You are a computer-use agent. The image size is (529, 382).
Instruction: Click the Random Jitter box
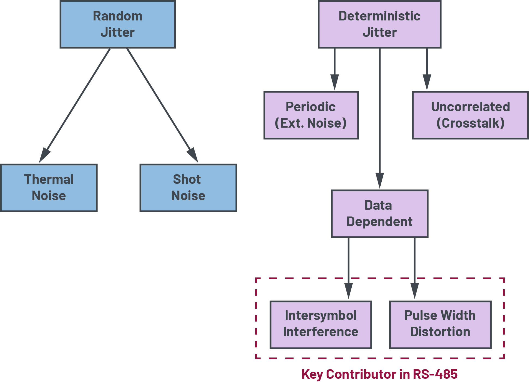[x=117, y=24]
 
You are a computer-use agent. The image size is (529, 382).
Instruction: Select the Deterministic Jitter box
[x=379, y=24]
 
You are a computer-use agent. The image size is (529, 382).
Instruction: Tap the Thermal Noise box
[x=49, y=188]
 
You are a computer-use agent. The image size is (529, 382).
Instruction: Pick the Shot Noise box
[x=188, y=188]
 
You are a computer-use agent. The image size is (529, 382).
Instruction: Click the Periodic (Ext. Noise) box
[x=311, y=115]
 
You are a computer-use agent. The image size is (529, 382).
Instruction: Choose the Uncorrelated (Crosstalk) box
[x=470, y=115]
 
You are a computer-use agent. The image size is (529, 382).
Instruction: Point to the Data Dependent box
[x=379, y=213]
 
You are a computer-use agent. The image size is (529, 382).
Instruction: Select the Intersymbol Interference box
[x=321, y=324]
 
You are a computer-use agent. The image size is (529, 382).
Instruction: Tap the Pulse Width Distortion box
[x=440, y=324]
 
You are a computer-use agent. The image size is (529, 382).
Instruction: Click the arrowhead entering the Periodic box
[x=334, y=82]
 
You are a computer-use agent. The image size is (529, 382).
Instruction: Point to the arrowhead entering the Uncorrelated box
[x=427, y=82]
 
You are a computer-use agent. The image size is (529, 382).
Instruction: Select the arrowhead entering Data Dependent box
[x=379, y=181]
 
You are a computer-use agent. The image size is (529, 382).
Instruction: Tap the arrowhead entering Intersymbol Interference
[x=348, y=291]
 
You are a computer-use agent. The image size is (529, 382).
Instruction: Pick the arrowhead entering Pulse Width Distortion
[x=414, y=291]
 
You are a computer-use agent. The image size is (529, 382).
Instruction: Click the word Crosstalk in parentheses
[x=470, y=123]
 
